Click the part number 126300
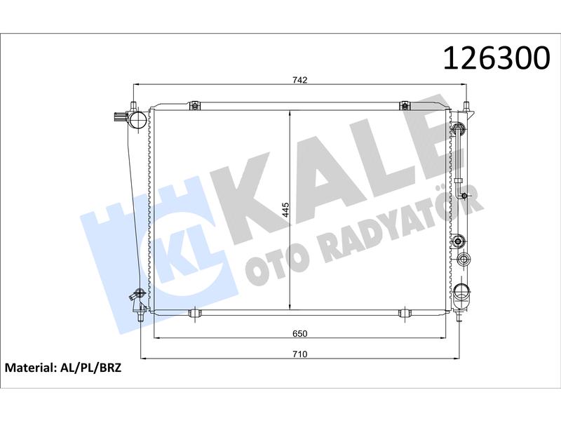click(496, 58)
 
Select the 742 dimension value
click(300, 80)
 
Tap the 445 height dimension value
click(285, 210)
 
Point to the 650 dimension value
click(300, 334)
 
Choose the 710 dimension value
click(300, 354)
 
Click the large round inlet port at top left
click(137, 119)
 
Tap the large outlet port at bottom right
click(462, 292)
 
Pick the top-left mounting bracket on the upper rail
click(194, 105)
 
